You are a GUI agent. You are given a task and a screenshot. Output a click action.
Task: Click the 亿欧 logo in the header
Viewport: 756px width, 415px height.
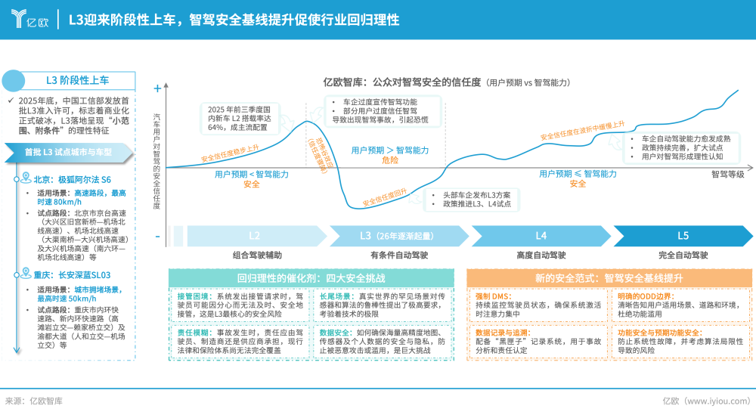pos(29,19)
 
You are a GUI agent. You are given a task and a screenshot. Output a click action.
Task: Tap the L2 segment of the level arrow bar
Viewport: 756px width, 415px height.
pos(254,235)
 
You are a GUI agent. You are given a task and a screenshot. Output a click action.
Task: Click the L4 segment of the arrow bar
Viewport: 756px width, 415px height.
pos(541,235)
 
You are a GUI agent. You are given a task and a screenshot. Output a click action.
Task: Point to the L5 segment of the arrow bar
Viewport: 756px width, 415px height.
pos(683,235)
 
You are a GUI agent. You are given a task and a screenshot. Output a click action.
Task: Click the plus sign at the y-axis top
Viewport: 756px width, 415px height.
pos(157,88)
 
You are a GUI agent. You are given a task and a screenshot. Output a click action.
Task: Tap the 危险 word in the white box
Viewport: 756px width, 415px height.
pos(390,160)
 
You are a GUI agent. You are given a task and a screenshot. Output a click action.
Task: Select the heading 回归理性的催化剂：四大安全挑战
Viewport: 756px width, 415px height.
pos(311,278)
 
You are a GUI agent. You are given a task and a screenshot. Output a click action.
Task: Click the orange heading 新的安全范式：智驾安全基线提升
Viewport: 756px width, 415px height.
pos(609,278)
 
